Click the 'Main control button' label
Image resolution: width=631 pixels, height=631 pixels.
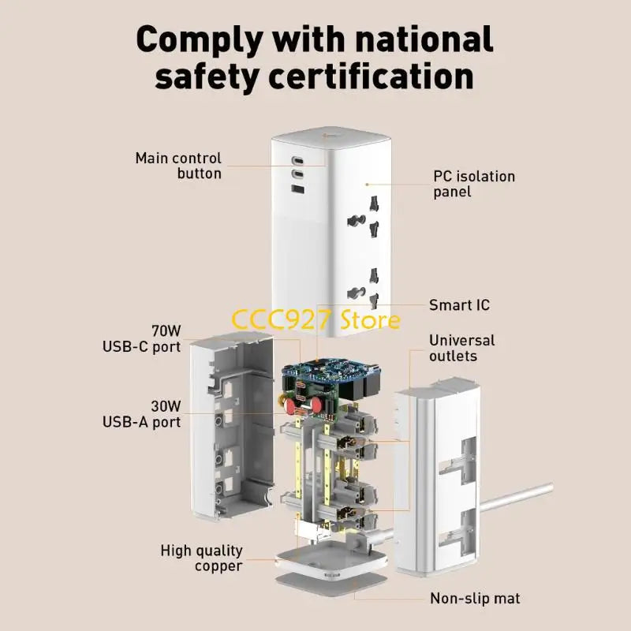point(179,166)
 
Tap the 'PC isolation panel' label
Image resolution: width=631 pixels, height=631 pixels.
point(474,184)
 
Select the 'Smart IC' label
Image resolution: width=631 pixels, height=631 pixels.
point(459,305)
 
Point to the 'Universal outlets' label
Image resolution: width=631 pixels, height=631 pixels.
point(461,348)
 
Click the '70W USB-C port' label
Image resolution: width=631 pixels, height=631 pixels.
point(142,339)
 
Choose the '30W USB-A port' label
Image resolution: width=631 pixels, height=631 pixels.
point(142,414)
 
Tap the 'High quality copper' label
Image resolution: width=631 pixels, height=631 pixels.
point(202,558)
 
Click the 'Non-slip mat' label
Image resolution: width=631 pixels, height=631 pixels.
point(475,599)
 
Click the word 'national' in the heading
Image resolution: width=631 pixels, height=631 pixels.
point(424,39)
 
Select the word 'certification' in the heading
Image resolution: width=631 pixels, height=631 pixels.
point(370,77)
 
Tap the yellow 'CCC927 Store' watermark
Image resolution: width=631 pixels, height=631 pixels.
point(316,319)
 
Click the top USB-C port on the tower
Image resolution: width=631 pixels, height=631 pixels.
point(297,161)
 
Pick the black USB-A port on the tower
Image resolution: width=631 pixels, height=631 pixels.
point(297,189)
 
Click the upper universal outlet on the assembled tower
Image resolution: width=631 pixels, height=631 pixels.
point(364,217)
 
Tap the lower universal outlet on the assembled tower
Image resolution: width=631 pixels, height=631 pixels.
point(364,289)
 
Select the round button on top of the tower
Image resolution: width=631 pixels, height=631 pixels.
point(326,134)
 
